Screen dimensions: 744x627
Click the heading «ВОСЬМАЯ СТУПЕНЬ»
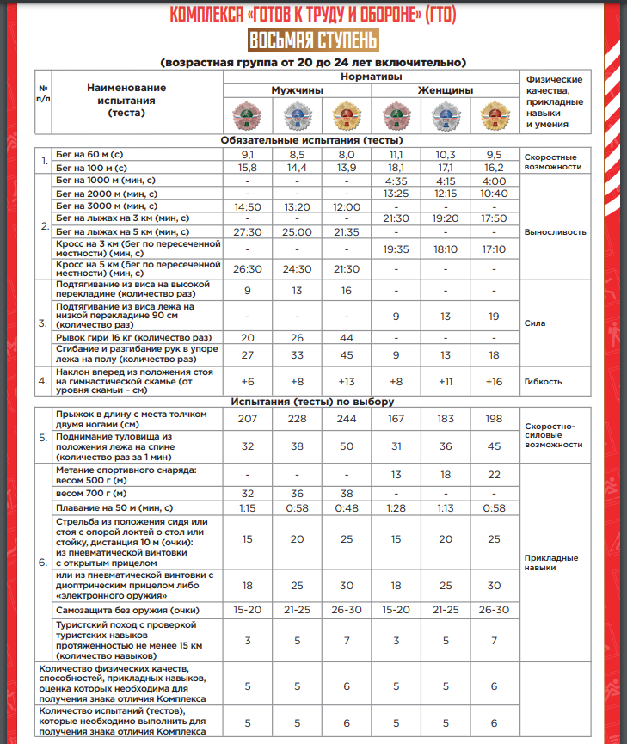point(312,40)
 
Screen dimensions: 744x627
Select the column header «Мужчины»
point(297,90)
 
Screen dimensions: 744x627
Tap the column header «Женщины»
point(445,90)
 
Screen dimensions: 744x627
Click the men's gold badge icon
point(346,114)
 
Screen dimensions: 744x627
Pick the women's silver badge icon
point(445,114)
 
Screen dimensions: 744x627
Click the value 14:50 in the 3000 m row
point(248,206)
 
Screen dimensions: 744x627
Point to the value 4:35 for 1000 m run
point(396,181)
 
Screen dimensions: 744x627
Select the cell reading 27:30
point(248,232)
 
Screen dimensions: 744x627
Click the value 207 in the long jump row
point(248,418)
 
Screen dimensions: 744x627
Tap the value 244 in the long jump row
point(346,418)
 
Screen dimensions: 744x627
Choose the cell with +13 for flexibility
point(346,381)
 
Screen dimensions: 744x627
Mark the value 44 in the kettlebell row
point(346,337)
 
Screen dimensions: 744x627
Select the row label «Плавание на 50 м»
point(114,508)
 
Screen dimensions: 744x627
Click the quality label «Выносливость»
point(555,232)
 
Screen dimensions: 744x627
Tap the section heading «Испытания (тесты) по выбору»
point(312,402)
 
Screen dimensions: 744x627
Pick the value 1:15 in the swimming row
point(248,508)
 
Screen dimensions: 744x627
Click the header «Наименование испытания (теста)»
point(126,100)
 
